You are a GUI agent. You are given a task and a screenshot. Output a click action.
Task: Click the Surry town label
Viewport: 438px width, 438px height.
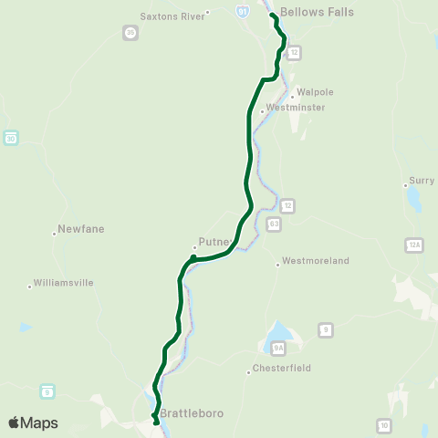pos(421,181)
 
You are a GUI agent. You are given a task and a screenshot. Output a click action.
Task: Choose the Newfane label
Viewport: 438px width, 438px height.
pos(77,228)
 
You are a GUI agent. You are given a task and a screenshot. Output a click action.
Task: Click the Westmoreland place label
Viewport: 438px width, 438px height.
pos(315,261)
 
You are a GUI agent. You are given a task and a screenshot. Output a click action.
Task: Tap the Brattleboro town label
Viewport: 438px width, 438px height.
pos(191,413)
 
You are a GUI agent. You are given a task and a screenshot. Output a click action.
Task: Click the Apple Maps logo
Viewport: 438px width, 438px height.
pos(33,422)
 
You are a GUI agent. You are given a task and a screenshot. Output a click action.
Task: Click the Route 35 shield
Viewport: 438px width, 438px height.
pos(130,32)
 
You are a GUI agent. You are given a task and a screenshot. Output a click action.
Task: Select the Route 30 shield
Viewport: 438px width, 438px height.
pos(10,138)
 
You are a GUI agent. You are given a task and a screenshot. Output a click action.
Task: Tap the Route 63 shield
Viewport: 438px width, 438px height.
pos(274,223)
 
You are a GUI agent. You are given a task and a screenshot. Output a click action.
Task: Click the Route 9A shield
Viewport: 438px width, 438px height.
pos(278,348)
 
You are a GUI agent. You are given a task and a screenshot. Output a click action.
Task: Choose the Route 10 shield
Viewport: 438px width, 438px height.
pos(384,425)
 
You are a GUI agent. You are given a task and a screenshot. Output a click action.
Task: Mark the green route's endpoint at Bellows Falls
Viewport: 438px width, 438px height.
pos(273,16)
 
